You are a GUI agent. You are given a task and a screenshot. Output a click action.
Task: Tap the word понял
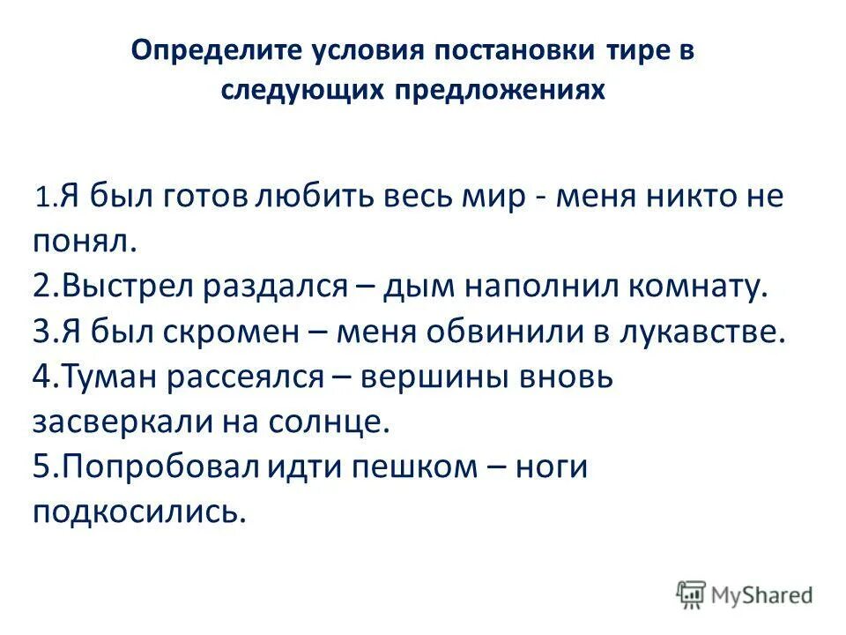pyautogui.click(x=80, y=240)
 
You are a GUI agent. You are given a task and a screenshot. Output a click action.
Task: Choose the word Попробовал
pyautogui.click(x=155, y=467)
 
